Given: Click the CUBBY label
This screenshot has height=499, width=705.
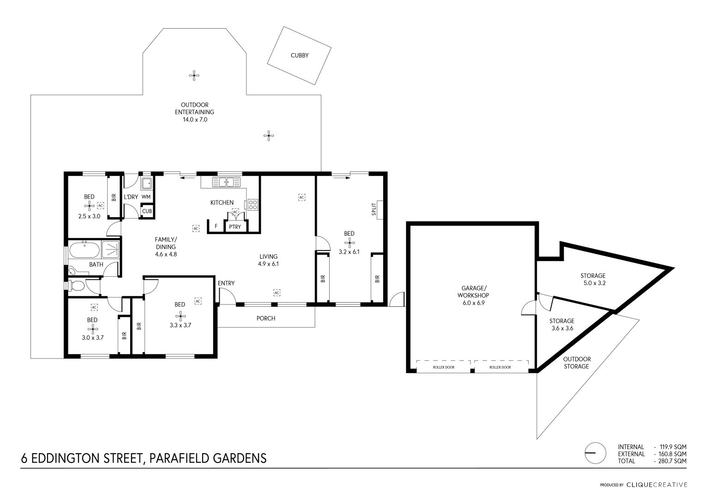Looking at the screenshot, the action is (x=299, y=55).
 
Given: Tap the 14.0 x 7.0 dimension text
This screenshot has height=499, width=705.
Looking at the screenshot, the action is (x=195, y=120).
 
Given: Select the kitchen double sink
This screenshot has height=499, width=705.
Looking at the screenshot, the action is (x=226, y=182).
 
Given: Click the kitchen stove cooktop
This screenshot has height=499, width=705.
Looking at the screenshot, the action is (x=253, y=205).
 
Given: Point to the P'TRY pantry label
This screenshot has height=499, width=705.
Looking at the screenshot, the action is (x=235, y=227).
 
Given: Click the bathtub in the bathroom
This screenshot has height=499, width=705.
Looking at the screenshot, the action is (x=84, y=250).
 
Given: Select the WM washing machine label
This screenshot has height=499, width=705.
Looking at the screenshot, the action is (x=146, y=197).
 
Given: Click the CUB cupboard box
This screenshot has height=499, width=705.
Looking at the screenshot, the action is (x=147, y=211).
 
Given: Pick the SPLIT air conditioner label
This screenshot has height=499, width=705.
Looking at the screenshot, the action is (x=374, y=209).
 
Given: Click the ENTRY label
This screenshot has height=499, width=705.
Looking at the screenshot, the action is (x=226, y=283).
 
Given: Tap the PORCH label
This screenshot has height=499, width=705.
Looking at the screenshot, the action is (x=265, y=318).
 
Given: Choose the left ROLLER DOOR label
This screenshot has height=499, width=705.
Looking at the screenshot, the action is (x=444, y=367).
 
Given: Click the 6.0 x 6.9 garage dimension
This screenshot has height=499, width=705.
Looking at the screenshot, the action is (x=474, y=303).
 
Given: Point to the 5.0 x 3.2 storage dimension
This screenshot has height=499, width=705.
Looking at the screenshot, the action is (x=595, y=283).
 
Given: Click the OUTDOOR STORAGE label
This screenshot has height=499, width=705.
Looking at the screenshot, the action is (x=577, y=363).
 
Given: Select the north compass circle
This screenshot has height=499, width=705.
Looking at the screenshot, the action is (x=596, y=453).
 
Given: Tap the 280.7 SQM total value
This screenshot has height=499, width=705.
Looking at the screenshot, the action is (x=673, y=461).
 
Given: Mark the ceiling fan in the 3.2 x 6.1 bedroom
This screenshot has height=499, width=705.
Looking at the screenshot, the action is (x=349, y=243).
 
